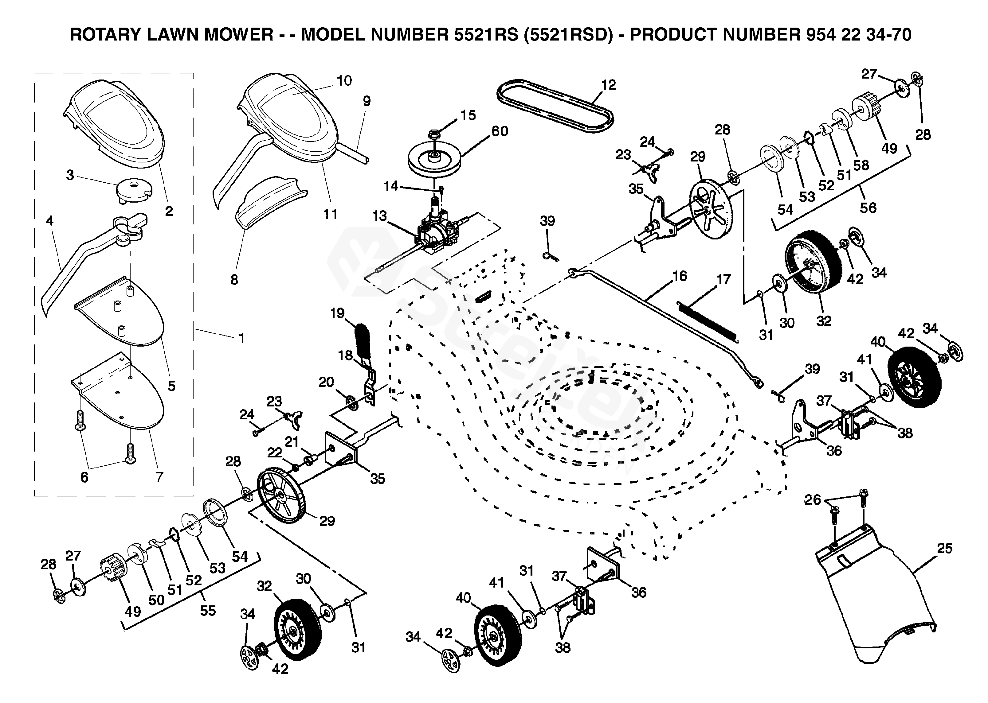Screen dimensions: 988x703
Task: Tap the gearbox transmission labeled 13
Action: pos(437,234)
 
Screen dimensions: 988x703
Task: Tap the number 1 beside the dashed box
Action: pos(242,338)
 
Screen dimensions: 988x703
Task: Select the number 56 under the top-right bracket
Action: pos(868,208)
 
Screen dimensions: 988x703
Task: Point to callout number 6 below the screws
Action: pos(84,477)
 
